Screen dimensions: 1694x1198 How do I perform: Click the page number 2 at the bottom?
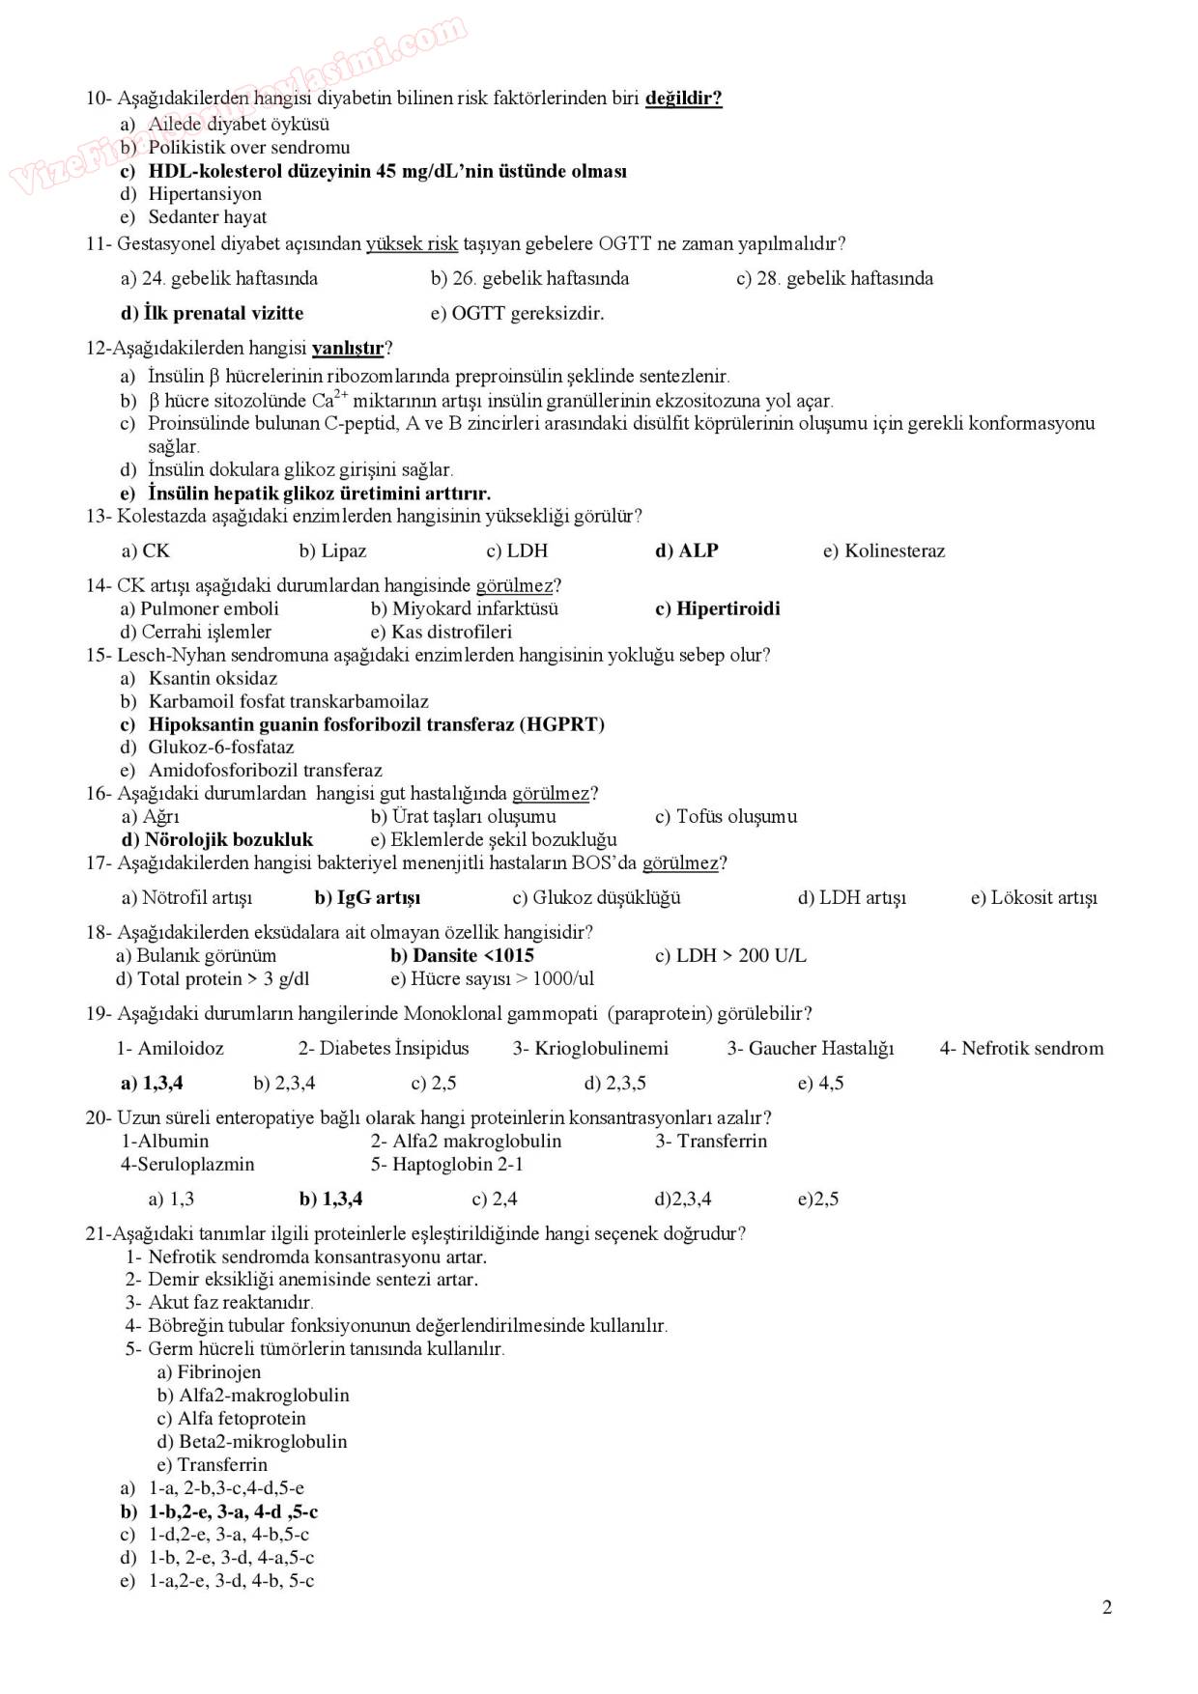[1106, 1607]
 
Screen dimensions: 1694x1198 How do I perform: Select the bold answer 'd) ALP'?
[687, 551]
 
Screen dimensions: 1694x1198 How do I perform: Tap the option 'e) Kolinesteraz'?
[884, 551]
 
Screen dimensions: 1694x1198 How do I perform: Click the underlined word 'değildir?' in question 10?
[683, 98]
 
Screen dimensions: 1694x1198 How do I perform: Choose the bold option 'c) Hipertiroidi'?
[717, 608]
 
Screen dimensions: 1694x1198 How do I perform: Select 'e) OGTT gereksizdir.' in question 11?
[517, 313]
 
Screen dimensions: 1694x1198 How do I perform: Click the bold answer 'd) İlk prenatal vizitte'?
[212, 313]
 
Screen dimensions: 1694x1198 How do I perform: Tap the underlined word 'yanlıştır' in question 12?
[348, 348]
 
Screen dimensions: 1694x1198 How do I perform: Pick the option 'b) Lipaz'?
[332, 551]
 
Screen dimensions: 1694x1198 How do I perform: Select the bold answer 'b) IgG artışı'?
[367, 897]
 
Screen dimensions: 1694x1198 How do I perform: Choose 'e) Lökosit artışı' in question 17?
[1034, 897]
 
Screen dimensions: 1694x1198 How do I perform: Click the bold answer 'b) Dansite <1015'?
[462, 955]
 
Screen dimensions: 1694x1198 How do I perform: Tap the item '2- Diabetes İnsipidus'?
[383, 1048]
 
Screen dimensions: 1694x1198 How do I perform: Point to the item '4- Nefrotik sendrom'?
[1021, 1048]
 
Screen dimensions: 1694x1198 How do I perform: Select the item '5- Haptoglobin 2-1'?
[446, 1164]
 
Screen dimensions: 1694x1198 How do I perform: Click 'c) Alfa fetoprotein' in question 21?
[231, 1418]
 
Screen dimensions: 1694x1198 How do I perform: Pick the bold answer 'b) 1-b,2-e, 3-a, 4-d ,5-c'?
[219, 1511]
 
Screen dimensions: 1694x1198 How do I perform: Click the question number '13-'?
[99, 516]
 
